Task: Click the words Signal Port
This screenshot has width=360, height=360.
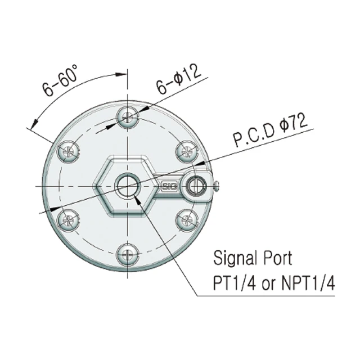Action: (x=253, y=259)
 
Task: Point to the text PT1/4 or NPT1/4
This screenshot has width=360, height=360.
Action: (x=274, y=283)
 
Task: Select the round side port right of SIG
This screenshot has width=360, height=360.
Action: (x=197, y=185)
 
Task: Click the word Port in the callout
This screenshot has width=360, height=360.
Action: (x=276, y=259)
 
